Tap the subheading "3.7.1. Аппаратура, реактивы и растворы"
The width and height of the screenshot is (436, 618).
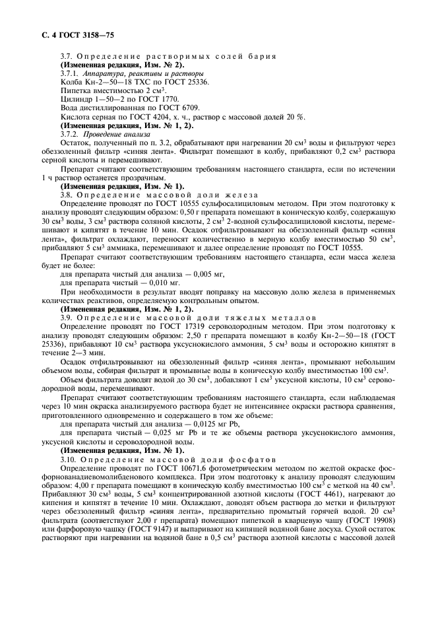(131, 75)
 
